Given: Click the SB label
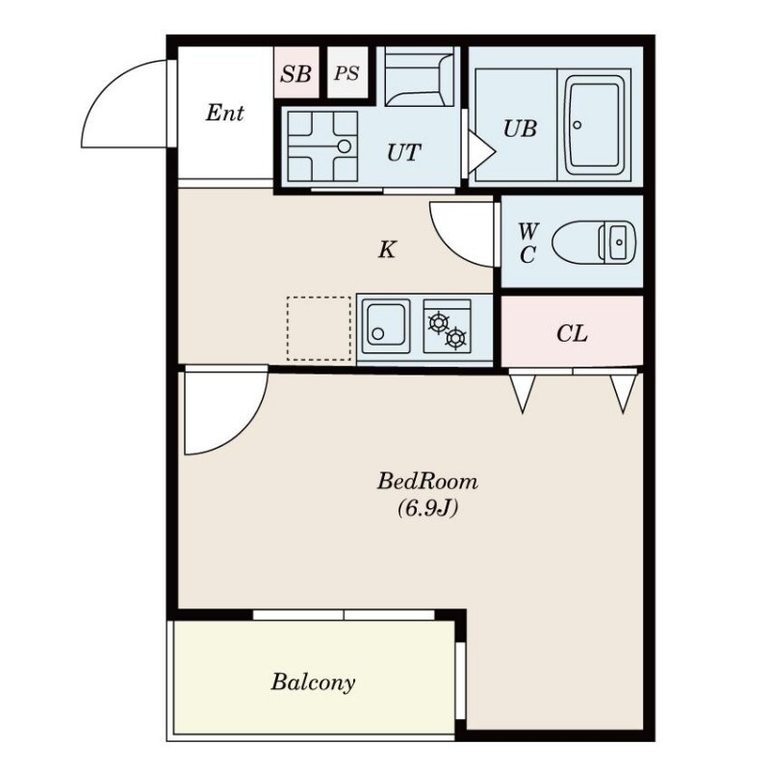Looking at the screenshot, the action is click(295, 74).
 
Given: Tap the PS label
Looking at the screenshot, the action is click(346, 74).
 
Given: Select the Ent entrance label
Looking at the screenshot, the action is click(224, 113).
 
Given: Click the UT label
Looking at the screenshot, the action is click(403, 152).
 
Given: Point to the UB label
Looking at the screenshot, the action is click(520, 129).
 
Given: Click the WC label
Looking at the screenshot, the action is click(527, 243).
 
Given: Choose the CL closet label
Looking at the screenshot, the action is click(572, 334).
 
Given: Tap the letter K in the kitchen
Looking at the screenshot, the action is click(387, 250).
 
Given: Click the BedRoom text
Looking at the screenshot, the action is click(427, 481).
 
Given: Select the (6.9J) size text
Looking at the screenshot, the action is click(427, 508).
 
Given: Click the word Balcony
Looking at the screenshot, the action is click(313, 682).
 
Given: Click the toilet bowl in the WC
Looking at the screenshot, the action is click(594, 243).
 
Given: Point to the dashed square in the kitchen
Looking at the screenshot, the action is click(319, 328).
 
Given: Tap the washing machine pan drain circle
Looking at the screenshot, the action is click(345, 146).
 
